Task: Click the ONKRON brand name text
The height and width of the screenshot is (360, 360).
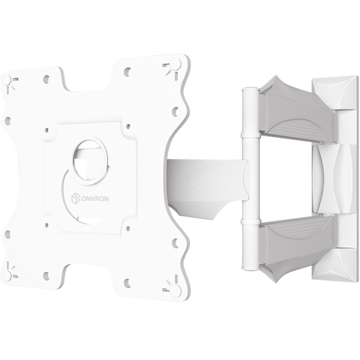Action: (95, 198)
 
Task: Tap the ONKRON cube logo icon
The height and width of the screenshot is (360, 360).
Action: (75, 198)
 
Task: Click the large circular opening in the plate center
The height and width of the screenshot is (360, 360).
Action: (90, 162)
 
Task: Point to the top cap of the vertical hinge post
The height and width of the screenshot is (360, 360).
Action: (250, 90)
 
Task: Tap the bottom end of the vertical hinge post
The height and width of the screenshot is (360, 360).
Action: (250, 267)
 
